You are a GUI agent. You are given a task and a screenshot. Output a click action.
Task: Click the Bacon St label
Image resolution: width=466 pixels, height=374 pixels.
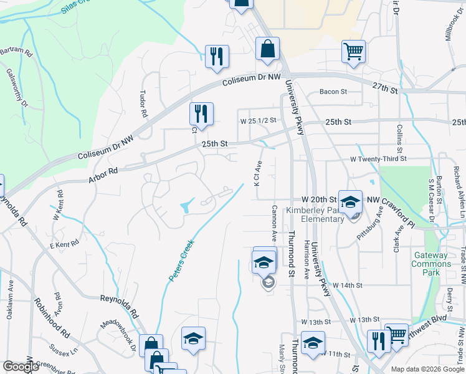point(333,92)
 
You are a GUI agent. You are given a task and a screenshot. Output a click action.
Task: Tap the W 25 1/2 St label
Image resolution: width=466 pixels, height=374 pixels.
point(257,120)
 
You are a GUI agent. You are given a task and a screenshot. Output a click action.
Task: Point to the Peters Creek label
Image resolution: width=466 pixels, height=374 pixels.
point(181,260)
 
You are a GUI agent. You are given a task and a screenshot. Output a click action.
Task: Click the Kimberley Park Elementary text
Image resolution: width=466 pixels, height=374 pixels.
point(323,214)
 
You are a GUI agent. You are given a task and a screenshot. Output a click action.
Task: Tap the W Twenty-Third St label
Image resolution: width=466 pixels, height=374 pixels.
point(378,159)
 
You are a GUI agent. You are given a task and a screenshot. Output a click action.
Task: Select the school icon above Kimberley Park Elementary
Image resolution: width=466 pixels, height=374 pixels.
point(350,201)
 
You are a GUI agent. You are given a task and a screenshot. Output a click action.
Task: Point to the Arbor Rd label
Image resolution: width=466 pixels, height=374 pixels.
point(103,171)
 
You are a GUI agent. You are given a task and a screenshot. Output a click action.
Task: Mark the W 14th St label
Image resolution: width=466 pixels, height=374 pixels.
point(347,285)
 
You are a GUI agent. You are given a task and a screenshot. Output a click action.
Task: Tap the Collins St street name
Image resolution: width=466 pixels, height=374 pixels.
point(399,140)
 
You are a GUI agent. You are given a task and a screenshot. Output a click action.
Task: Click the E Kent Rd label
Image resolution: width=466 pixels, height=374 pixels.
point(64,244)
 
